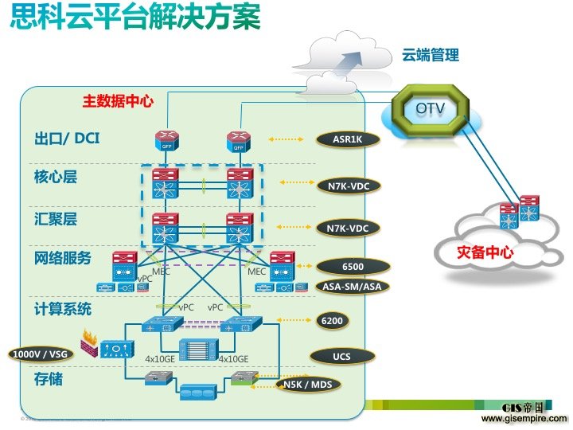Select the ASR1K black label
pos(347,139)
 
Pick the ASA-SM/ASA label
pos(350,287)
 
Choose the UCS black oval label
pos(341,355)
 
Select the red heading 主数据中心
pos(118,102)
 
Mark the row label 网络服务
pos(63,258)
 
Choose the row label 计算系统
pos(63,308)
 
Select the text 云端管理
pos(430,56)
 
